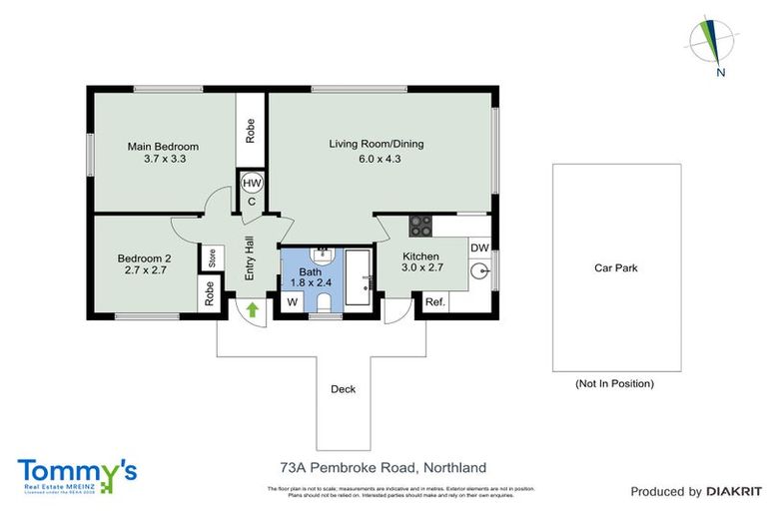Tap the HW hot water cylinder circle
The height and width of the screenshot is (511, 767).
tap(252, 183)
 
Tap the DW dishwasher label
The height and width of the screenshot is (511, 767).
tap(478, 249)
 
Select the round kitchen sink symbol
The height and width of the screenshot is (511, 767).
tap(478, 269)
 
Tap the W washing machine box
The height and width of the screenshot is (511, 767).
tap(294, 301)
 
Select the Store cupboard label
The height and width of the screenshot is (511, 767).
tap(212, 258)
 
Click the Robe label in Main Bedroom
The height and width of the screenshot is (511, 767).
tap(251, 132)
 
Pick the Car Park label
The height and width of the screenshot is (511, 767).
tap(615, 267)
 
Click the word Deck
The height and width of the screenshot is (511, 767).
tap(343, 389)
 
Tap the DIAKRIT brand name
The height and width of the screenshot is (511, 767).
tap(737, 491)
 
